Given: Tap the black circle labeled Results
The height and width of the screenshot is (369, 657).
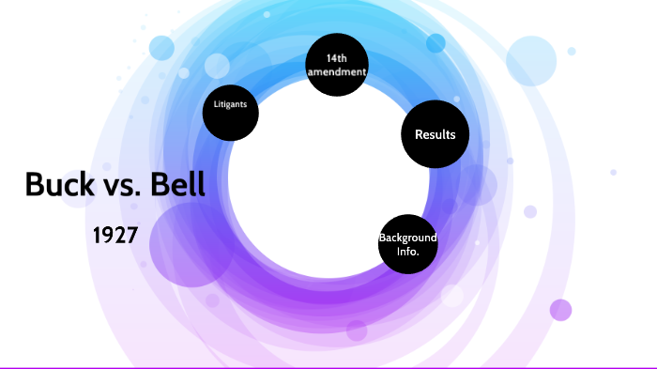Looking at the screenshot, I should pyautogui.click(x=435, y=135).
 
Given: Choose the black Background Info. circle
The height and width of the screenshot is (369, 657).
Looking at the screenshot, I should pyautogui.click(x=408, y=243).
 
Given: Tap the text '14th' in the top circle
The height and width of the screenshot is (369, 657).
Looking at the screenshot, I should pyautogui.click(x=337, y=58).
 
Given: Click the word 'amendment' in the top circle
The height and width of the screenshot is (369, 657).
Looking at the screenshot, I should pyautogui.click(x=337, y=72).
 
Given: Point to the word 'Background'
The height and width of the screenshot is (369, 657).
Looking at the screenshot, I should pyautogui.click(x=408, y=238).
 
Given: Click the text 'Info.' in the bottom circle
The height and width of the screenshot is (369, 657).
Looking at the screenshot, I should pyautogui.click(x=408, y=252).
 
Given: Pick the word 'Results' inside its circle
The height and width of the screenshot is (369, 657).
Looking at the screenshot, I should pyautogui.click(x=435, y=135).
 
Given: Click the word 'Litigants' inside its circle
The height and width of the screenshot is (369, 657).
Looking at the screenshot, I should pyautogui.click(x=230, y=104).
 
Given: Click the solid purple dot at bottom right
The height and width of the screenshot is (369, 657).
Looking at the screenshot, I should pyautogui.click(x=561, y=310).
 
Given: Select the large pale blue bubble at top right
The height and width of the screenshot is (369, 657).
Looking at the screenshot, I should pyautogui.click(x=532, y=61).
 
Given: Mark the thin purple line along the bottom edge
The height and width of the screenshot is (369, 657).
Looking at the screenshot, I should pyautogui.click(x=328, y=367).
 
